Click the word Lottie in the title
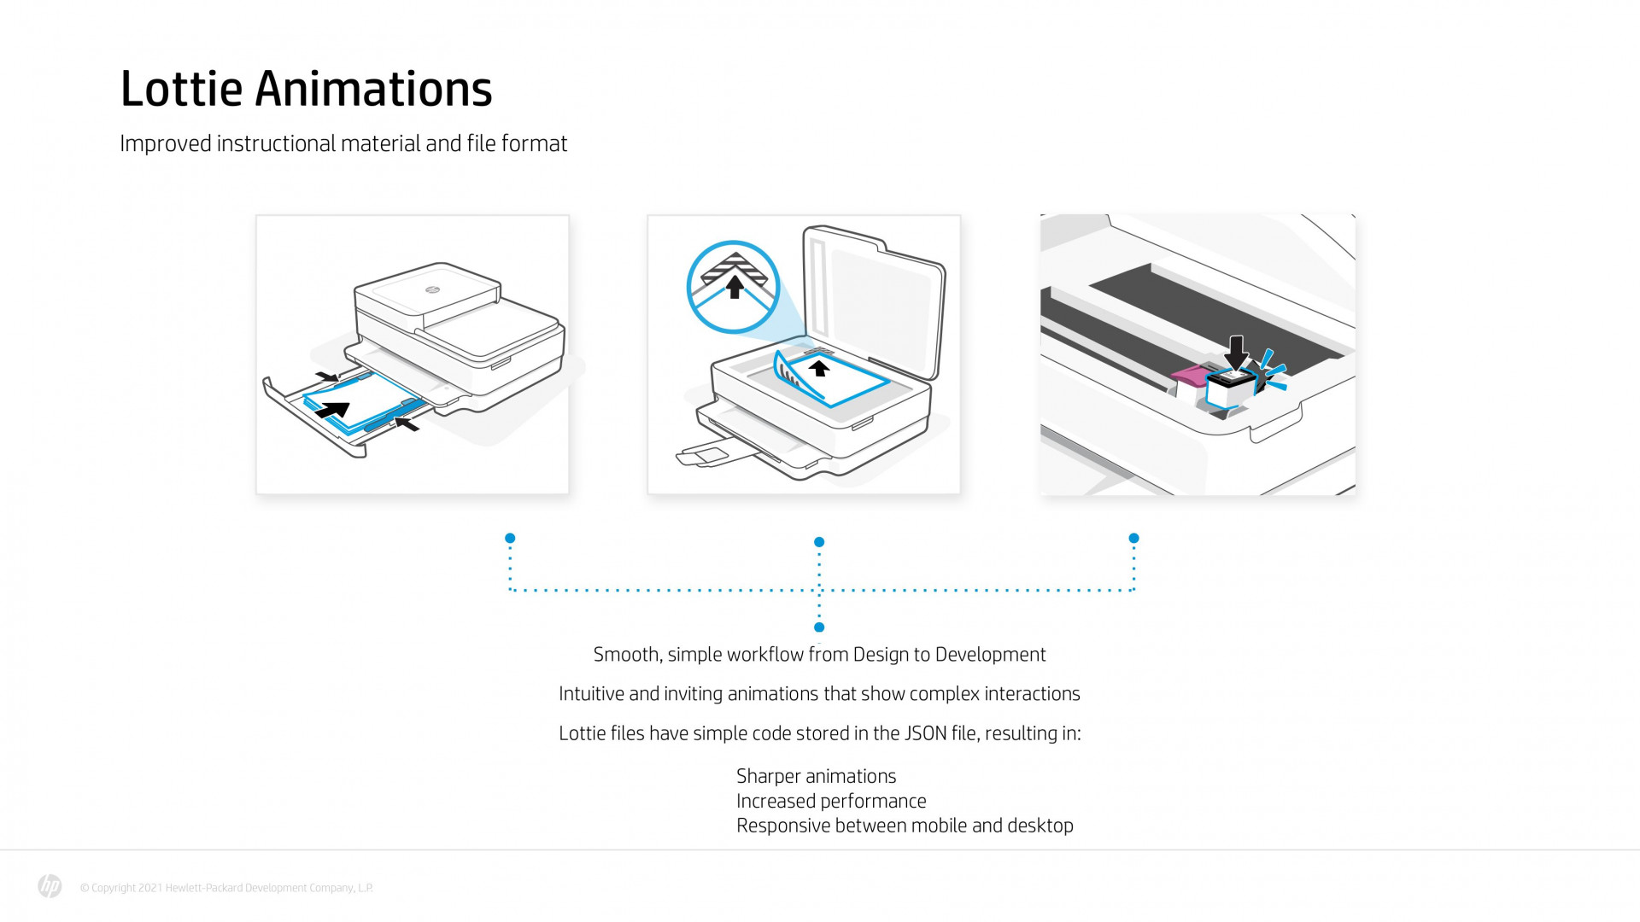[181, 90]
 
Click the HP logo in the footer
[50, 886]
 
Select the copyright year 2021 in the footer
[149, 888]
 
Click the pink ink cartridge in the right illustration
[1188, 374]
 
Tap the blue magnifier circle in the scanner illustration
[733, 286]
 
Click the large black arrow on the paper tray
[334, 410]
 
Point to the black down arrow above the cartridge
[1235, 351]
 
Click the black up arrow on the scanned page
[819, 368]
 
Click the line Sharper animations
[816, 776]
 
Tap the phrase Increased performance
[830, 801]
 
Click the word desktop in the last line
[1040, 826]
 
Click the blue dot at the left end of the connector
[510, 538]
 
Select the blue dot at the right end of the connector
[1133, 538]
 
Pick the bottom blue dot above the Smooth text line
[819, 627]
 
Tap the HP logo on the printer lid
[432, 289]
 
